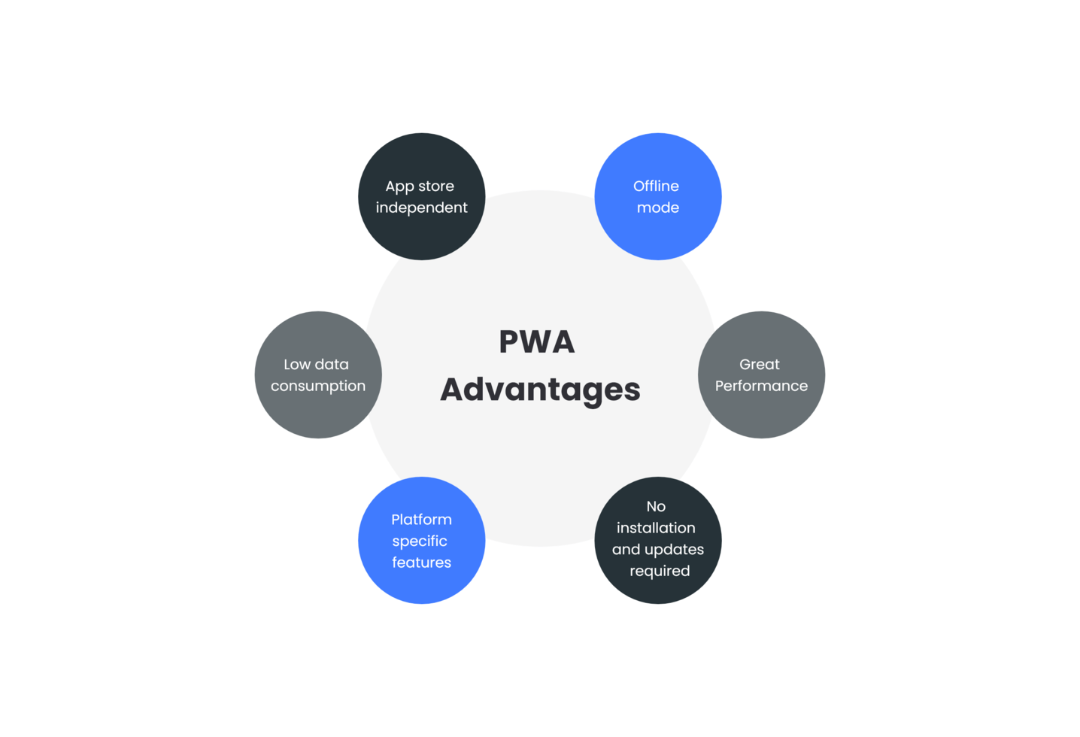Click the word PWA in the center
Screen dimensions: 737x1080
tap(537, 341)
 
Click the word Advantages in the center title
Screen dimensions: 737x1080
tap(540, 390)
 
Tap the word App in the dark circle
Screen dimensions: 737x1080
tap(399, 187)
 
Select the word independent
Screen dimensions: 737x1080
tap(421, 208)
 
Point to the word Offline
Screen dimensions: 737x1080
tap(656, 186)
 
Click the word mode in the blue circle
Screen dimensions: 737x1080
tap(657, 208)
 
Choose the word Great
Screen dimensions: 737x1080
tap(759, 364)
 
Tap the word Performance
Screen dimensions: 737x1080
tap(761, 386)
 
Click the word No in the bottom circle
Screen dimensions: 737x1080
tap(656, 506)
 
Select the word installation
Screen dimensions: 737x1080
tap(656, 528)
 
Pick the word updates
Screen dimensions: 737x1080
tap(674, 550)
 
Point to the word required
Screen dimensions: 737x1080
tap(660, 571)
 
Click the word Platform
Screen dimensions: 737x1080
tap(421, 520)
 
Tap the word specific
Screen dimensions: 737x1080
tap(420, 541)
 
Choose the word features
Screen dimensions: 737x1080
tap(421, 563)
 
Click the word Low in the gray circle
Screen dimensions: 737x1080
tap(296, 364)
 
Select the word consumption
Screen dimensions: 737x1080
tap(318, 386)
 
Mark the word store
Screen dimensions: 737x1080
tap(436, 187)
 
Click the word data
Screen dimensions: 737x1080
tap(332, 364)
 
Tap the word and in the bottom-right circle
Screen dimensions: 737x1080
tap(626, 550)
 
